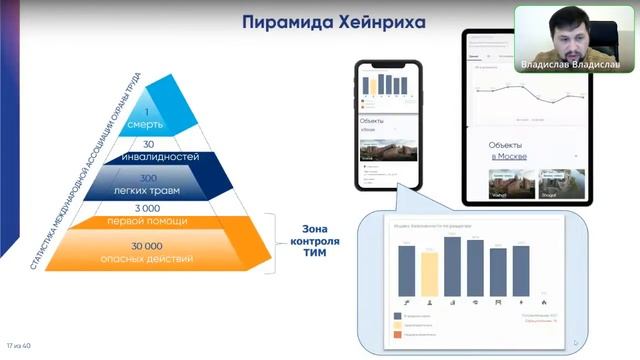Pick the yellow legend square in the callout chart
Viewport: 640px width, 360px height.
pyautogui.click(x=396, y=325)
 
